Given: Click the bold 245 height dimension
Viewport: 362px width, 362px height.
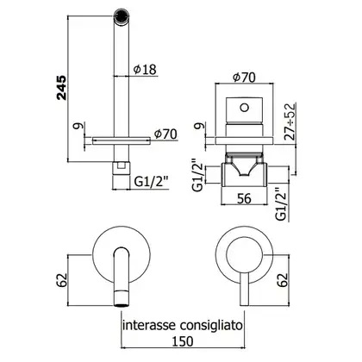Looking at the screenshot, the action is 61,88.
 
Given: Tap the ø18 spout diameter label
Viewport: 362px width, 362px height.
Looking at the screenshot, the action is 145,69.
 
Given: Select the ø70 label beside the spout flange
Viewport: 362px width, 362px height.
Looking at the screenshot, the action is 165,134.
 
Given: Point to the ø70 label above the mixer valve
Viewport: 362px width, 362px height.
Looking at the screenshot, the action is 244,78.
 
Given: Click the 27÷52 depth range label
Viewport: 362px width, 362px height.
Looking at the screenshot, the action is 290,122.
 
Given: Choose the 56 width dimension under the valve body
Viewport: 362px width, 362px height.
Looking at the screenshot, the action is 244,198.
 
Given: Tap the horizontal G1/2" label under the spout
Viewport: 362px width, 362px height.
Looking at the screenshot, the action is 151,181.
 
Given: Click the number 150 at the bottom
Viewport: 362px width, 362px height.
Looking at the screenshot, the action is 183,341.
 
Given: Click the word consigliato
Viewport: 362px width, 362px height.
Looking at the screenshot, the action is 211,327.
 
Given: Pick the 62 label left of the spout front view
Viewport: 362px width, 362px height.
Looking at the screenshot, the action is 61,280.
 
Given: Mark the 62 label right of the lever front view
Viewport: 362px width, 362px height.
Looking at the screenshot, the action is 283,280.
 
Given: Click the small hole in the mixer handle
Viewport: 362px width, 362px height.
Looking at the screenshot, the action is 244,108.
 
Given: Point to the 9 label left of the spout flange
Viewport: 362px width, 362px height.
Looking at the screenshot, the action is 79,126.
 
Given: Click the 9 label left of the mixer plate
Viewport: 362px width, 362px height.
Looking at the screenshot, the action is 201,126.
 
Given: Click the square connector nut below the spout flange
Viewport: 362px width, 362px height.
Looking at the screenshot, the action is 121,167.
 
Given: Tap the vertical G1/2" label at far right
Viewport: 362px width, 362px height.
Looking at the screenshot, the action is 282,204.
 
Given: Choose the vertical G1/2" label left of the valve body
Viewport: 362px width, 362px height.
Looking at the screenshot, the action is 198,174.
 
